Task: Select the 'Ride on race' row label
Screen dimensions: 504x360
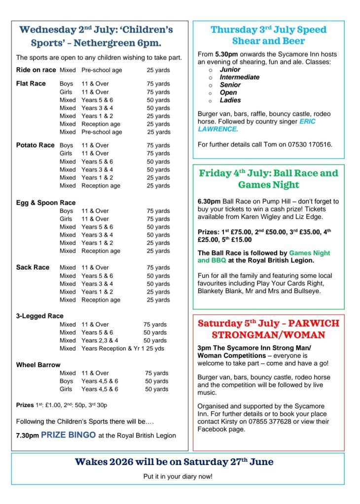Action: [x=36, y=70]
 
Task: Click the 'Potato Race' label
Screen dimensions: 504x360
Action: [x=35, y=145]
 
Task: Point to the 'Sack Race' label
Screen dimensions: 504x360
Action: [x=33, y=268]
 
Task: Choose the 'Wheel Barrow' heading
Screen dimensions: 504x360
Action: [x=38, y=365]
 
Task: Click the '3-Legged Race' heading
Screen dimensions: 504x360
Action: [x=39, y=316]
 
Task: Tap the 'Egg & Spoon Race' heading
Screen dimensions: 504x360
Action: [x=46, y=202]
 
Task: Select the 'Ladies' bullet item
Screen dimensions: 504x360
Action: [x=230, y=100]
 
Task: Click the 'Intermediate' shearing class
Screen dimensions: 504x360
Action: [x=239, y=77]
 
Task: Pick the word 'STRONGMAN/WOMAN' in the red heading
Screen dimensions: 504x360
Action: [x=268, y=335]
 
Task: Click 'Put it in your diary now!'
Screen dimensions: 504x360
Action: [x=178, y=477]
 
